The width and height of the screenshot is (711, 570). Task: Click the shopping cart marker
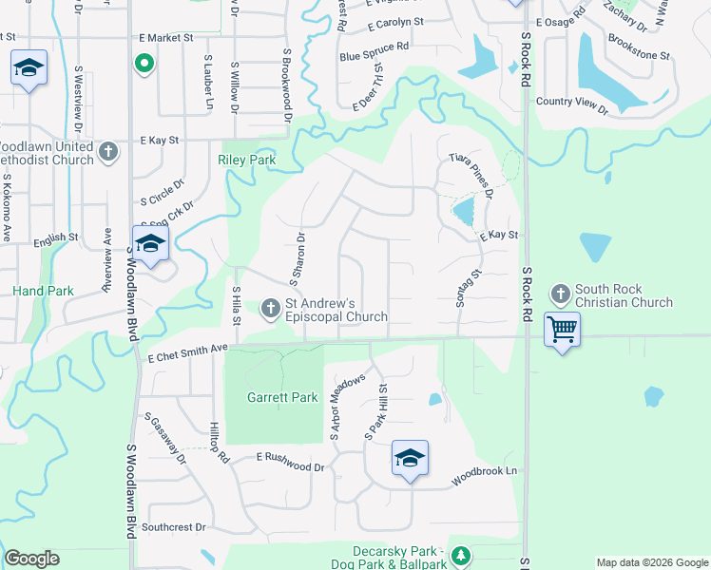tap(563, 329)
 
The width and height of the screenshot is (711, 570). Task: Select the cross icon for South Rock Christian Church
tap(560, 294)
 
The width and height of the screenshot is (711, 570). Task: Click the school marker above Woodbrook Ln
tap(410, 459)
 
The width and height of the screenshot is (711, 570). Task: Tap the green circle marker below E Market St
tap(144, 65)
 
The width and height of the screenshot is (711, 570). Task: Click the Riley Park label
tap(247, 161)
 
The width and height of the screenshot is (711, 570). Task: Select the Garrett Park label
tap(282, 397)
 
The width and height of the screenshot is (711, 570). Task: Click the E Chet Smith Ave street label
tap(188, 354)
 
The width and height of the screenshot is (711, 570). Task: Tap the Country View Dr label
tap(572, 105)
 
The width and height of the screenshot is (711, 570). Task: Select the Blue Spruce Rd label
tap(375, 50)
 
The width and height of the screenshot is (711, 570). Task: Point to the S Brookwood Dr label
tap(284, 85)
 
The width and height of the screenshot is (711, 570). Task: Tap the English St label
tap(55, 239)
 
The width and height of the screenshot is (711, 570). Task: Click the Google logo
tap(31, 559)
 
